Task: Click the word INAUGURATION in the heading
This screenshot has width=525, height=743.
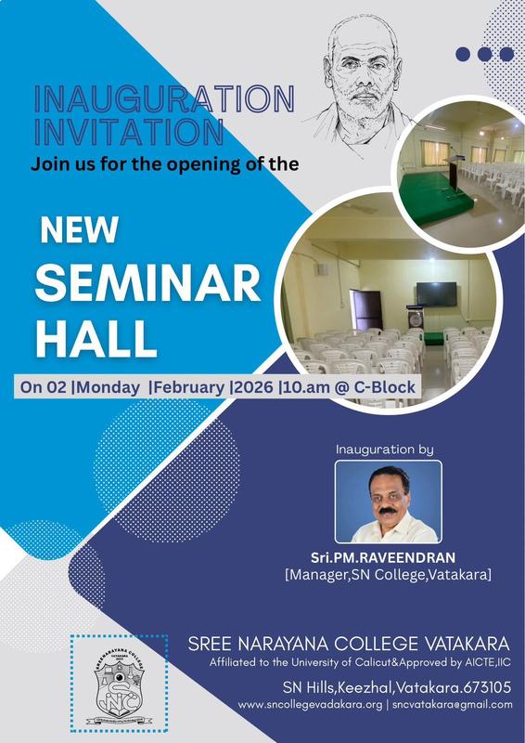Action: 163,99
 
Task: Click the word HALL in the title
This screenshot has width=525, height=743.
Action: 97,339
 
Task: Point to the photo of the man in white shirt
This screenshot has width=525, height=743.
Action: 387,502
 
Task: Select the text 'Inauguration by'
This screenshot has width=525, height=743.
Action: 385,450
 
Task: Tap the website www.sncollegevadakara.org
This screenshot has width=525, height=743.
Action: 310,705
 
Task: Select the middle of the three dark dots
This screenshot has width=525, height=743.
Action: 482,54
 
